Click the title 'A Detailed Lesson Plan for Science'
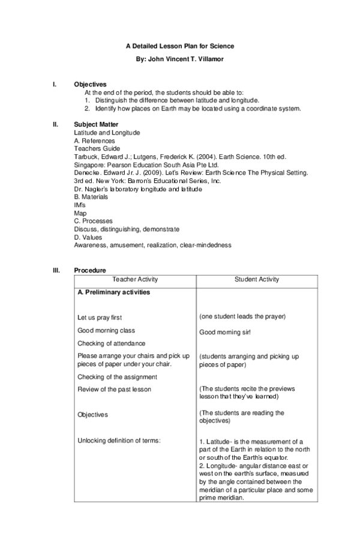179,46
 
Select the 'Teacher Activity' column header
135,280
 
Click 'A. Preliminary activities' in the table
113,293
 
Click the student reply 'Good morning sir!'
224,331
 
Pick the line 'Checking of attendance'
111,343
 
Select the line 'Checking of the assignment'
117,377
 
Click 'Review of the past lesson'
114,390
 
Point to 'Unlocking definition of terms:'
119,441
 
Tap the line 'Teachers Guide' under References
97,148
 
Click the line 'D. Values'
87,237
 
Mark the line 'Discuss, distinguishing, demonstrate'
126,229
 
